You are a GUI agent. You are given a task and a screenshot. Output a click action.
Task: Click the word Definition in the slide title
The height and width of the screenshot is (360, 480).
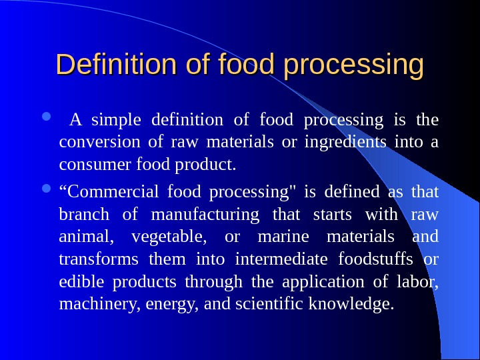point(100,65)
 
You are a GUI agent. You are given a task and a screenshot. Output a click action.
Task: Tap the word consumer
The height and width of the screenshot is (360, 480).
point(91,164)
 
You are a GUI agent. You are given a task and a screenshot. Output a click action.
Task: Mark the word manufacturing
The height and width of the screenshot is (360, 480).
point(205,214)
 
